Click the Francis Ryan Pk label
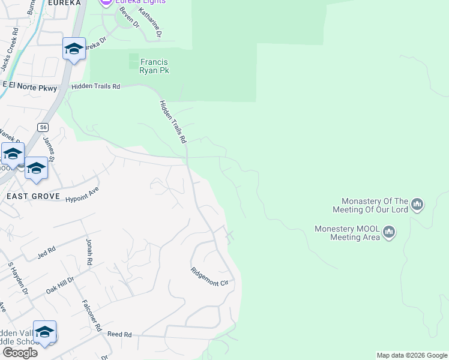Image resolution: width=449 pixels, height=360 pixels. [x=154, y=66]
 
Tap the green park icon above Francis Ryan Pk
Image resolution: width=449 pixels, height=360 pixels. [x=133, y=61]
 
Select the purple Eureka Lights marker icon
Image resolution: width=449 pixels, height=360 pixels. [x=106, y=2]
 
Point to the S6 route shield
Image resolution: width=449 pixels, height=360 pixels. [x=42, y=127]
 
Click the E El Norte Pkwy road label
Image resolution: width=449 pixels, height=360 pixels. [x=29, y=88]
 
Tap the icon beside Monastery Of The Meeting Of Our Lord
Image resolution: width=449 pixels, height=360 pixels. [x=417, y=205]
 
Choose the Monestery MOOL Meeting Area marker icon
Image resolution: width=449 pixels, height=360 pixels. [x=389, y=232]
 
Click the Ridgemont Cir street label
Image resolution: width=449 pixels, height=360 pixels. [x=211, y=275]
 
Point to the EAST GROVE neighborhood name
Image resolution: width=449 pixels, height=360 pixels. [x=33, y=196]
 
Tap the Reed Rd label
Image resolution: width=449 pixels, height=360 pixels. [x=119, y=334]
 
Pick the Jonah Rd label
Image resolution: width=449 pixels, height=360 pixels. [x=89, y=251]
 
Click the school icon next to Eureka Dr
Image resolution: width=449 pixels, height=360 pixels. [x=74, y=49]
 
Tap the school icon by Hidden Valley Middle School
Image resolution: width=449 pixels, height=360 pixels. [x=44, y=332]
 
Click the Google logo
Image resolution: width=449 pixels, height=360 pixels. [x=20, y=353]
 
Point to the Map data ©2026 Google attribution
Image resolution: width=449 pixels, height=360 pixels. [x=412, y=355]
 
